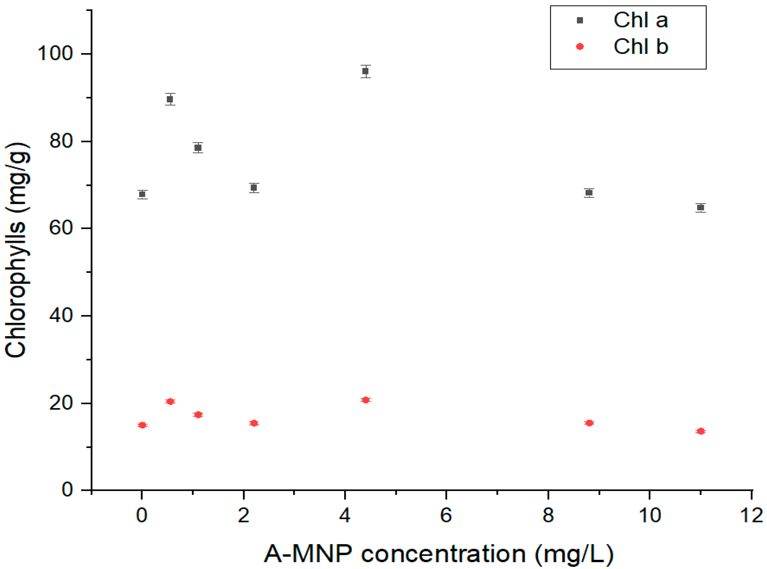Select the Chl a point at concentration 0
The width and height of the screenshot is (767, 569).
[142, 194]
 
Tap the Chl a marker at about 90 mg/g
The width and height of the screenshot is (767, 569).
[170, 99]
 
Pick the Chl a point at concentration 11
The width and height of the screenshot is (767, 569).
[700, 207]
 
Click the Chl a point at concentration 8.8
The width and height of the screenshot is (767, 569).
[589, 193]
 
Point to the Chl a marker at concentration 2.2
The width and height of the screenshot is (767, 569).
[254, 188]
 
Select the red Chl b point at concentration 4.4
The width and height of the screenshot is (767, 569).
[366, 400]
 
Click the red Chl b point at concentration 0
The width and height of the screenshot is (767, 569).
[142, 425]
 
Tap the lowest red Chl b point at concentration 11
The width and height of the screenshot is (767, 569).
[700, 431]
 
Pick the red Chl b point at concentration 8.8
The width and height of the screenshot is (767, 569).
[589, 423]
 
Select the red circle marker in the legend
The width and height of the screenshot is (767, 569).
[580, 47]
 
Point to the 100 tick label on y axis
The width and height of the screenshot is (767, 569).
[55, 54]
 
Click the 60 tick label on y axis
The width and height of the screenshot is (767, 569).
[61, 228]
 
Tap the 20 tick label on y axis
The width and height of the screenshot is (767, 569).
[61, 403]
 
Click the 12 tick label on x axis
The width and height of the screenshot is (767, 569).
[751, 516]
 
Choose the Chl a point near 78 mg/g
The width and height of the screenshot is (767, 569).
[198, 148]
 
